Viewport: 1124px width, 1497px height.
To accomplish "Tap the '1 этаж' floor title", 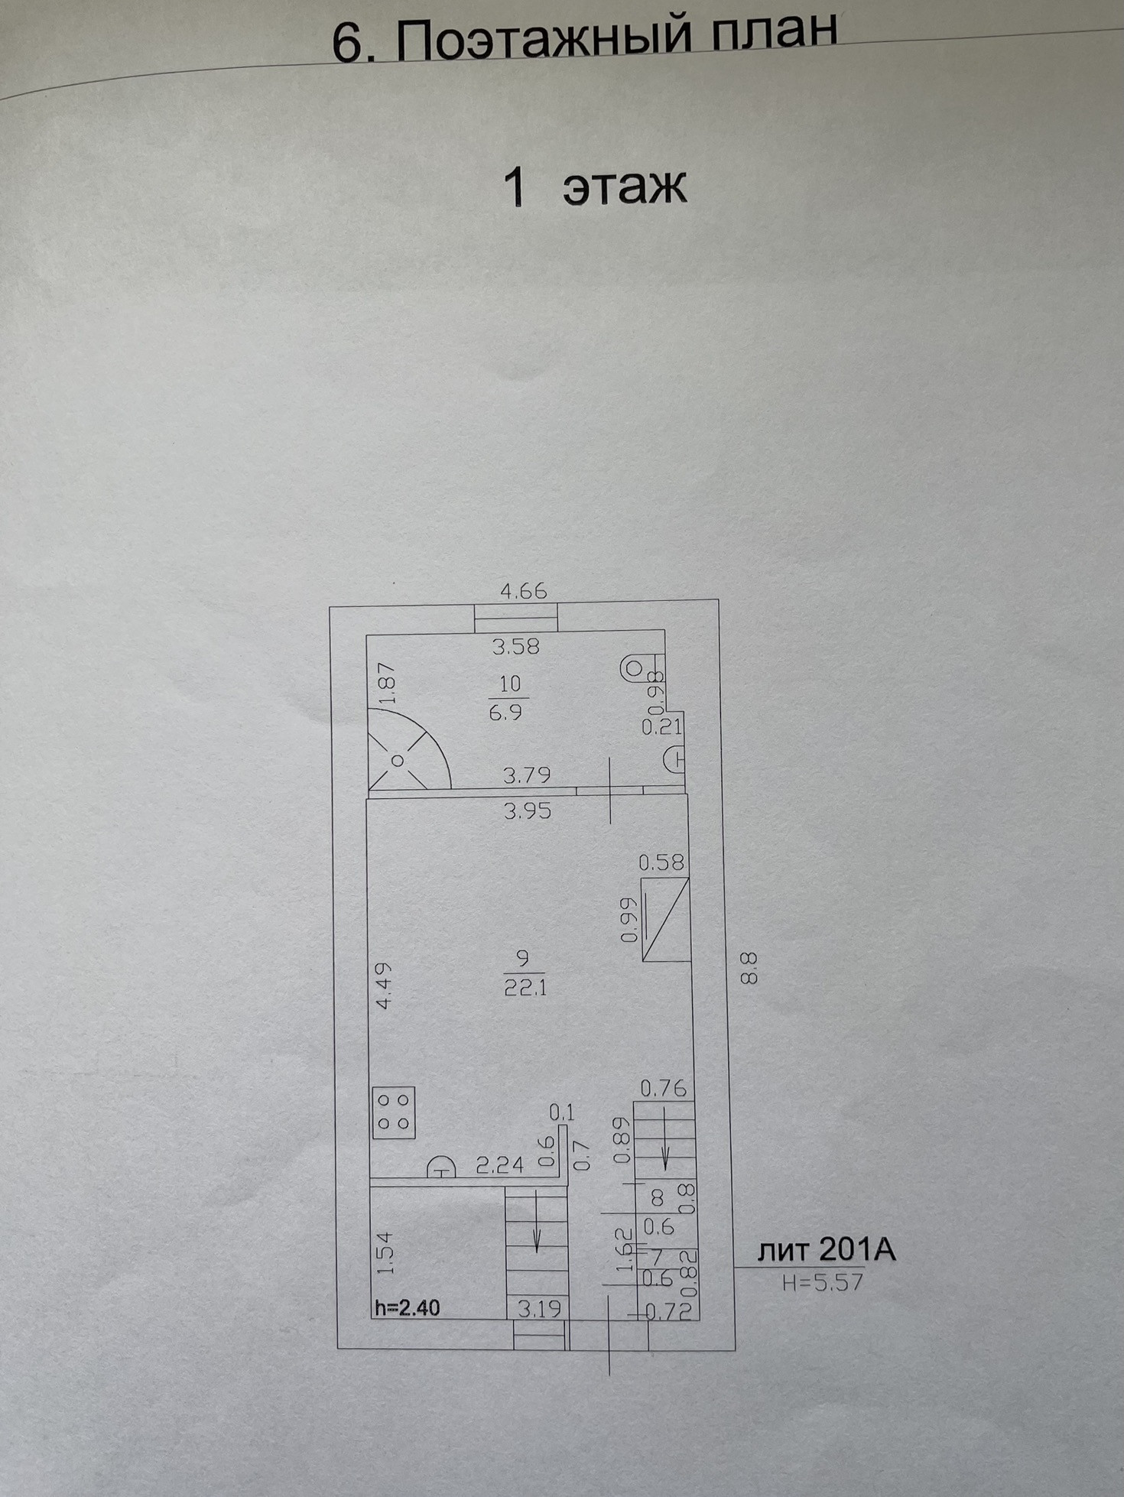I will pyautogui.click(x=594, y=187).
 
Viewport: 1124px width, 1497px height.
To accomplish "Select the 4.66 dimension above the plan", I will pyautogui.click(x=523, y=591).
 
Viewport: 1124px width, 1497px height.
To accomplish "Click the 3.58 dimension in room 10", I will pyautogui.click(x=515, y=647).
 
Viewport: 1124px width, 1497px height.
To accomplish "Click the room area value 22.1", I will pyautogui.click(x=525, y=987).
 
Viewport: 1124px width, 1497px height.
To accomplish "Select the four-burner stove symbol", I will pyautogui.click(x=394, y=1112).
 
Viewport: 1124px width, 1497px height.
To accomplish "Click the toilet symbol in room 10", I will pyautogui.click(x=633, y=668).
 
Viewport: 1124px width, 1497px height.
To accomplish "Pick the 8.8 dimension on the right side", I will pyautogui.click(x=749, y=967).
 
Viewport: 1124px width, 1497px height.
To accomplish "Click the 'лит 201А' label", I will pyautogui.click(x=826, y=1251).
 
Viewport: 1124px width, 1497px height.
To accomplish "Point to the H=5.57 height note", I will pyautogui.click(x=823, y=1281).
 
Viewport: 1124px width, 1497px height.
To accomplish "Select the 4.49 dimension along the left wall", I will pyautogui.click(x=384, y=986).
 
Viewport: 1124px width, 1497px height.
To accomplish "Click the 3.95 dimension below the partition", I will pyautogui.click(x=527, y=810).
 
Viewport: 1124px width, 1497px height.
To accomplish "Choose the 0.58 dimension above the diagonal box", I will pyautogui.click(x=661, y=862).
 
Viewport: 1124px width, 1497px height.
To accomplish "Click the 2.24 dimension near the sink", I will pyautogui.click(x=499, y=1164).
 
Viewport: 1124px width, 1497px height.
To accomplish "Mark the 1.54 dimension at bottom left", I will pyautogui.click(x=385, y=1252).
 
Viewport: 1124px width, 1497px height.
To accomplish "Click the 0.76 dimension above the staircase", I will pyautogui.click(x=663, y=1087).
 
